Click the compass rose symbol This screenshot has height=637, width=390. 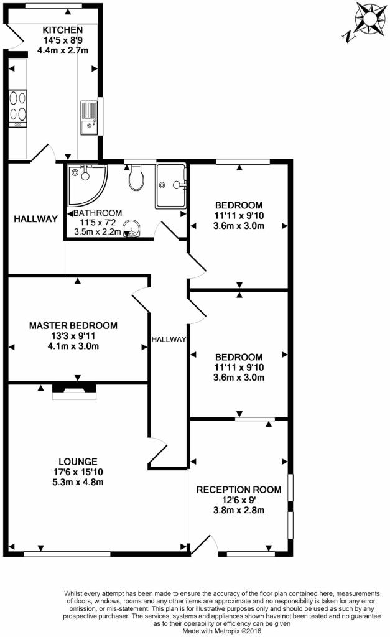pos(370,18)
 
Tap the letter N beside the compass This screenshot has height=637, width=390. pos(348,38)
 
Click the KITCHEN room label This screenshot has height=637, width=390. pos(63,30)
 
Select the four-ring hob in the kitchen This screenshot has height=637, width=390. pos(18,108)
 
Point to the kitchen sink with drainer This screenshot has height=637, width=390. pos(89,118)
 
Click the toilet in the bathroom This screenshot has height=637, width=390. pos(136,178)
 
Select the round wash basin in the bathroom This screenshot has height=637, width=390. pos(131,229)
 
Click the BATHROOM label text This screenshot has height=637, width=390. pos(98,213)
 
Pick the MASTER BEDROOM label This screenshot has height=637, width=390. pos(73,325)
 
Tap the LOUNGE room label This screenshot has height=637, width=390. pos(78,462)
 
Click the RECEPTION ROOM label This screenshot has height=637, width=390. pos(239,490)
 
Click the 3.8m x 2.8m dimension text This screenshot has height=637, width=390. pos(239,510)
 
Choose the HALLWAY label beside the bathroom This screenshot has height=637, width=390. pos(35,219)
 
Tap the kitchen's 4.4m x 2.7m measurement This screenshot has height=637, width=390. pos(63,50)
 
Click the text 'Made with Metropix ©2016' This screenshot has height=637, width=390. pos(222,631)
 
